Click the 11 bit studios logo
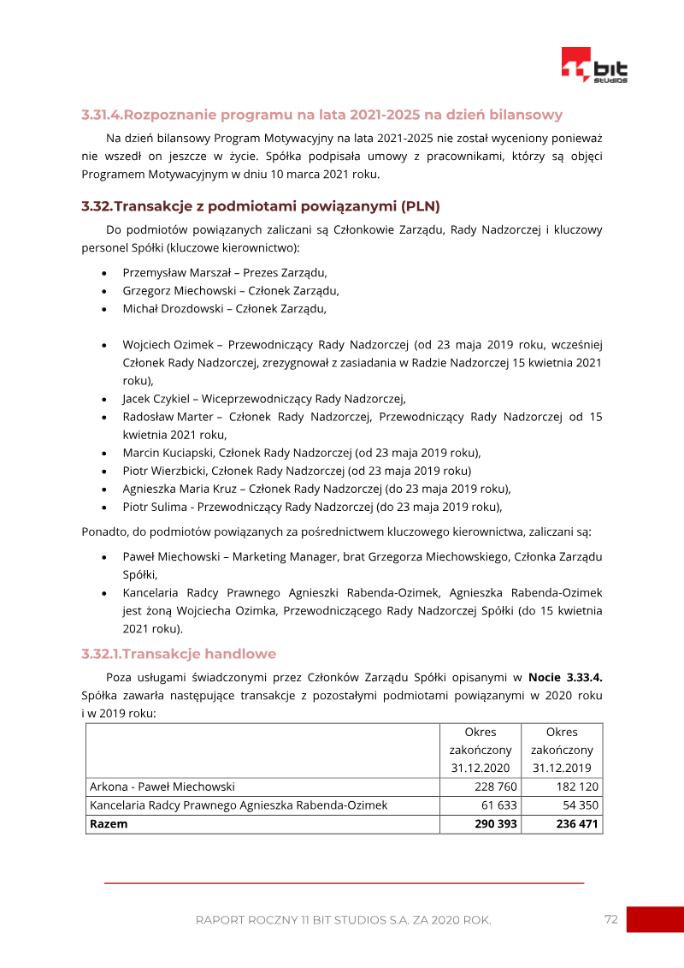coord(594,66)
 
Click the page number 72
coord(610,919)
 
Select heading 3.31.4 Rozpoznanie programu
coord(321,115)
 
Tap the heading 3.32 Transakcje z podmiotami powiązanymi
coord(260,206)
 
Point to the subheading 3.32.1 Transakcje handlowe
coord(179,654)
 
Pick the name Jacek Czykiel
coord(158,398)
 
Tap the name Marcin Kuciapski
coord(168,453)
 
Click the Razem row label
coord(109,824)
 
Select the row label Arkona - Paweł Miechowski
coord(162,787)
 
